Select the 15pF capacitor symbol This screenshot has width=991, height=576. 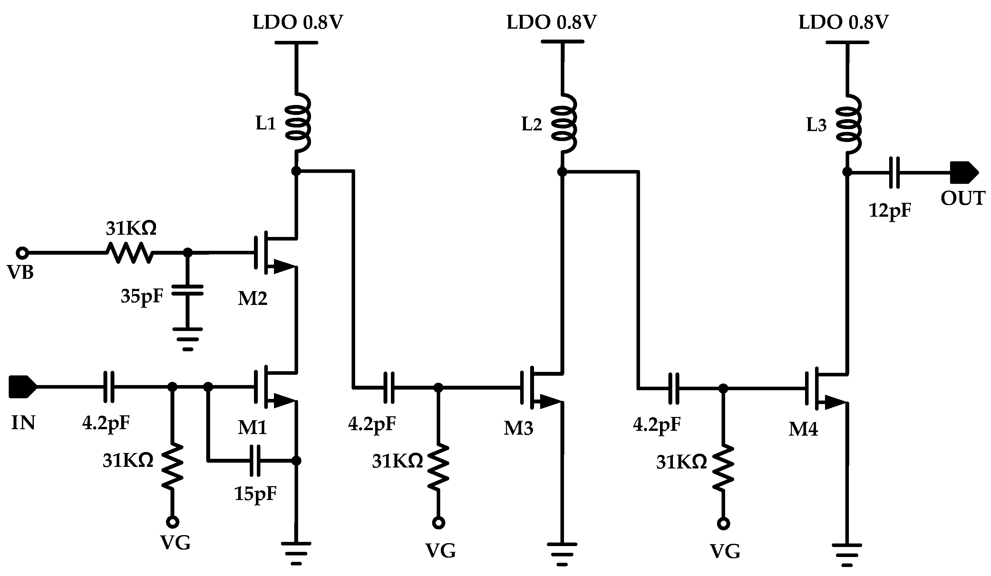255,460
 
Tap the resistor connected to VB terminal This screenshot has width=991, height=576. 130,253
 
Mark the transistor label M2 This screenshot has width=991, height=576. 252,298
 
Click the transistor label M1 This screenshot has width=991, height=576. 252,427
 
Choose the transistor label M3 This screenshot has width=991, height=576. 518,428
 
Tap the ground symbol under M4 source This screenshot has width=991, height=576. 847,554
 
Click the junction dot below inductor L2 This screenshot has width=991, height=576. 562,172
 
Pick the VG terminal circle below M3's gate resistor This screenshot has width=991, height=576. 439,523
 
